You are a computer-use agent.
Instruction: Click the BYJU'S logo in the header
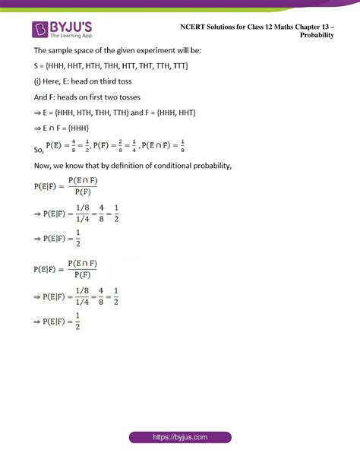pos(62,30)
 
